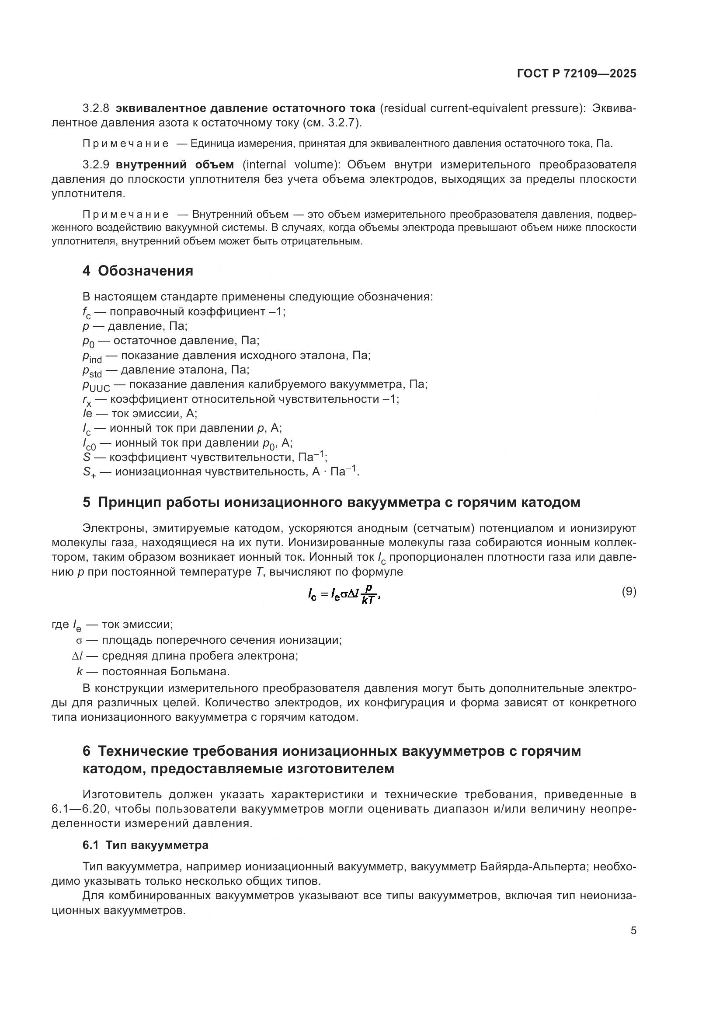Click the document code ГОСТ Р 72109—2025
point(577,74)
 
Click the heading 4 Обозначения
point(138,271)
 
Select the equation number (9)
point(629,592)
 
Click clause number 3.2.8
point(96,108)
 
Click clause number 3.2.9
point(96,165)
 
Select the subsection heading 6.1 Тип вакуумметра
point(145,845)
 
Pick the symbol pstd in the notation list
point(92,371)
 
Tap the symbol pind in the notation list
point(92,356)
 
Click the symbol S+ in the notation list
point(89,472)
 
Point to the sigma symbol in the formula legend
point(79,641)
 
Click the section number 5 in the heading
point(87,503)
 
